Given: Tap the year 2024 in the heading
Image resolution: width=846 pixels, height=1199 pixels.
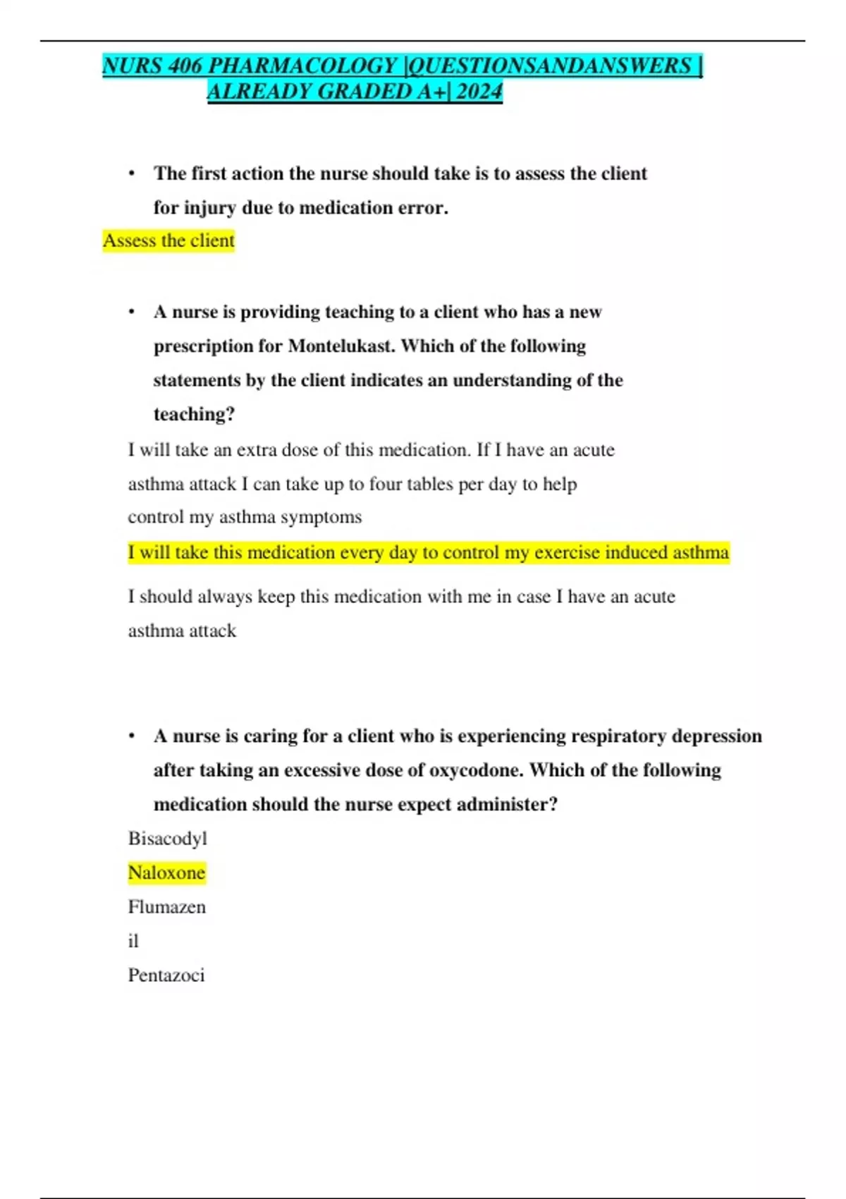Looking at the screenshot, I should (479, 92).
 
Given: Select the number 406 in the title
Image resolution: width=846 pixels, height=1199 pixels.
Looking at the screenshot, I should (185, 66).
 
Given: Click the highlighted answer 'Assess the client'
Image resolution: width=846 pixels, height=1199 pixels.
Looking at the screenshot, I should (168, 241).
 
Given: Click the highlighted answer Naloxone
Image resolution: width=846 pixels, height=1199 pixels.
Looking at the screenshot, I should (166, 873).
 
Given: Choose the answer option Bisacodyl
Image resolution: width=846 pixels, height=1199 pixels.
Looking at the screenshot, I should (168, 839).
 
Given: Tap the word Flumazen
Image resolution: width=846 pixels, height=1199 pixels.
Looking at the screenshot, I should (167, 907).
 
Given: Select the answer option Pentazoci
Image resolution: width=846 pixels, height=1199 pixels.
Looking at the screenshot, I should (166, 975).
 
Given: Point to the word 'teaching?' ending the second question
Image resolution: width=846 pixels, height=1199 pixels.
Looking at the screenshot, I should (194, 414).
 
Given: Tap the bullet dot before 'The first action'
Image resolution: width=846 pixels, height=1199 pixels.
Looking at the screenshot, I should (132, 174).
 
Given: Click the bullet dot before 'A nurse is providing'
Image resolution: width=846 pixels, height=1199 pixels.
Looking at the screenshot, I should (132, 312).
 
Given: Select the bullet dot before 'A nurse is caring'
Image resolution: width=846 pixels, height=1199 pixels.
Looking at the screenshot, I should (132, 736).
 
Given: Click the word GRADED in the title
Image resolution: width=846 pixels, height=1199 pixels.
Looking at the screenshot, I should (364, 92).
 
